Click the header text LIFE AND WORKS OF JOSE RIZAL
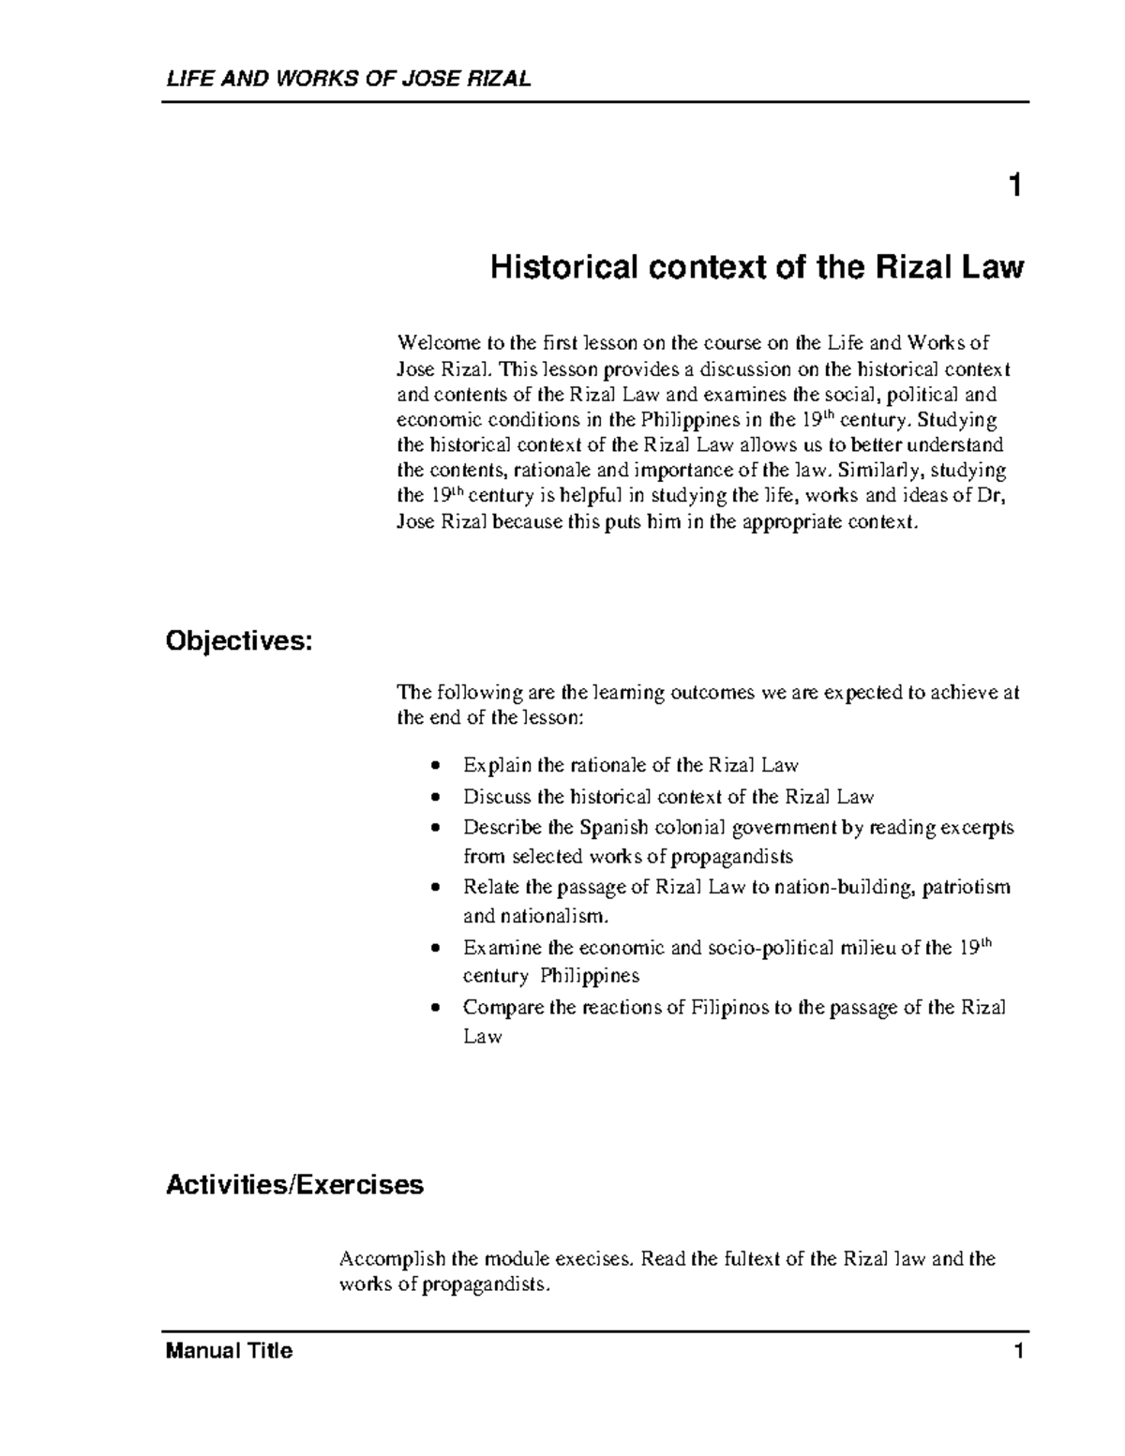pos(348,79)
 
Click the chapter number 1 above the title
pos(1013,186)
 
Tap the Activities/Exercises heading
pos(294,1185)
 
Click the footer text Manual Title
pos(229,1351)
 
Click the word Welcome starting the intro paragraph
pos(433,343)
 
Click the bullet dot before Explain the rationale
pos(433,766)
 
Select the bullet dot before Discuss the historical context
pos(433,798)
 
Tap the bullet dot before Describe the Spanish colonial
pos(433,829)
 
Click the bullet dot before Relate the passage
pos(433,888)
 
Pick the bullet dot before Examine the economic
pos(433,949)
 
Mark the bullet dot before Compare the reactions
pos(433,1009)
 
